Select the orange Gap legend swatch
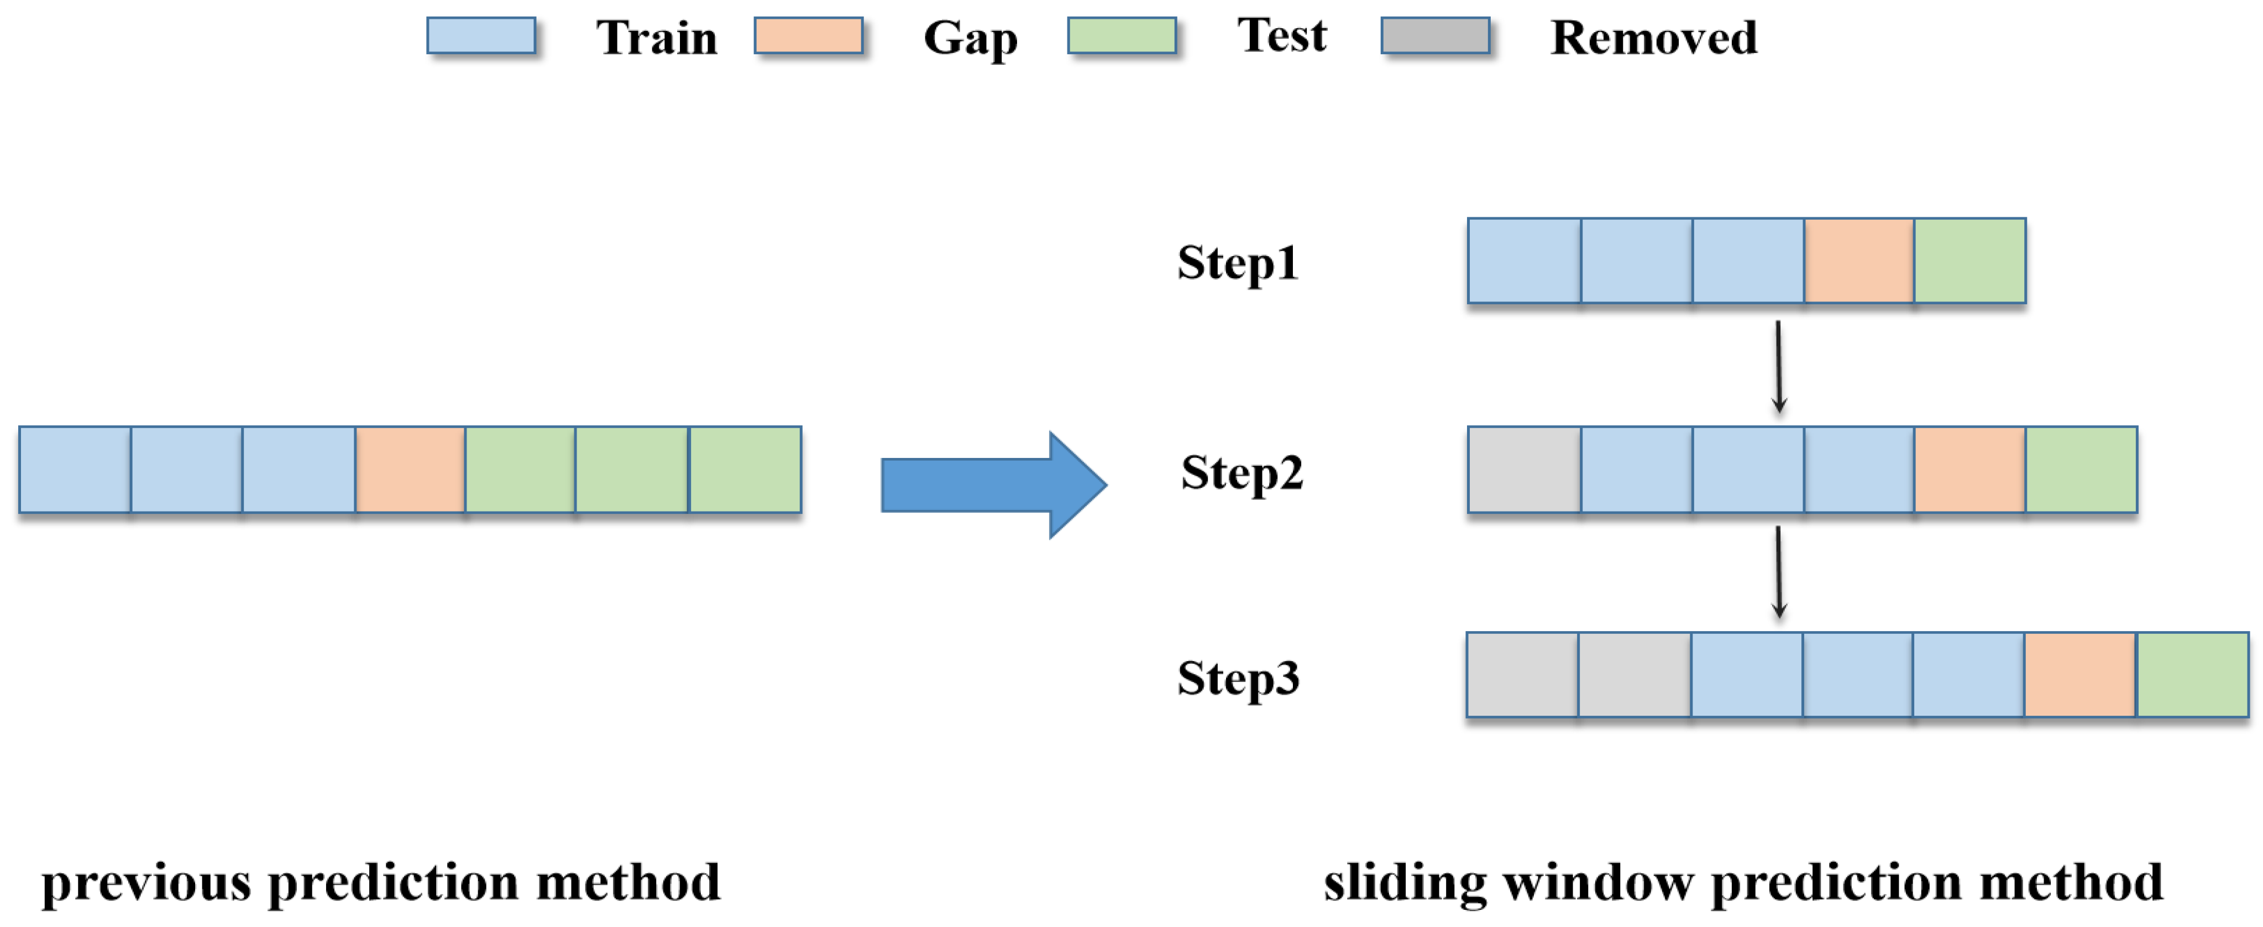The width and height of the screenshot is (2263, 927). tap(808, 36)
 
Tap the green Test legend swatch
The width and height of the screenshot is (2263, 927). tap(1122, 36)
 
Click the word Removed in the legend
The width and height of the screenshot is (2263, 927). tap(1653, 38)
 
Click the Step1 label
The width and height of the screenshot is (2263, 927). tap(1237, 263)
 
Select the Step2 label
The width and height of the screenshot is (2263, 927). tap(1241, 473)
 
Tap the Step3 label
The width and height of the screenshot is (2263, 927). tap(1238, 678)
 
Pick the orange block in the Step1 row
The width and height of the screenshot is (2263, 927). tap(1859, 261)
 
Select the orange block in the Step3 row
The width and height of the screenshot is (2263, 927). tap(2079, 675)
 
